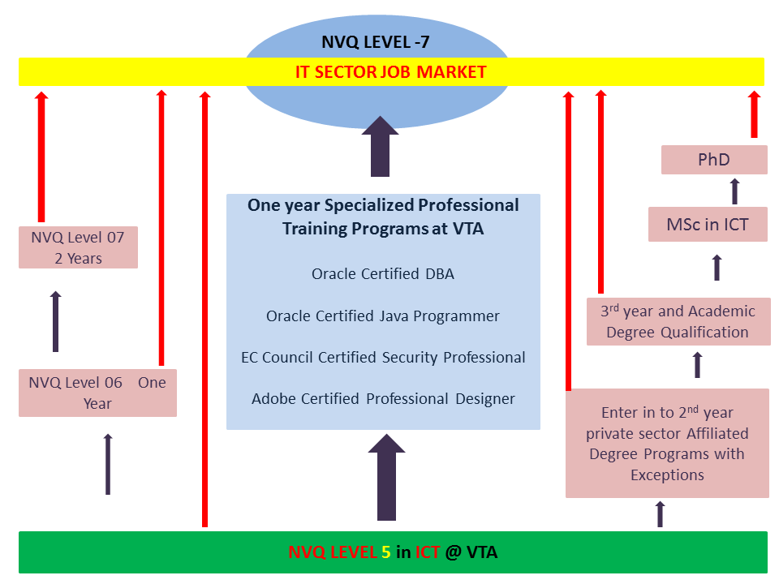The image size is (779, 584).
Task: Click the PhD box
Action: (714, 159)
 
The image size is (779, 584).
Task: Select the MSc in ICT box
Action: (708, 224)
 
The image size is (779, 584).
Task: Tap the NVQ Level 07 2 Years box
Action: (78, 247)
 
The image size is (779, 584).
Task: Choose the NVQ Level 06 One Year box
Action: (97, 393)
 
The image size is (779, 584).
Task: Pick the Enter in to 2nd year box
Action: (667, 443)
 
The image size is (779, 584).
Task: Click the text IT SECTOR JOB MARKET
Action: (390, 72)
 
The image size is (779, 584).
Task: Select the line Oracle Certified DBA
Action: (383, 273)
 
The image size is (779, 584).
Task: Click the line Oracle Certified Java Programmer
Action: (383, 316)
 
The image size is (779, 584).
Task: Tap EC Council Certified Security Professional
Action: (383, 357)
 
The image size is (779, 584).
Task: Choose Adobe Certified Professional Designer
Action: (383, 398)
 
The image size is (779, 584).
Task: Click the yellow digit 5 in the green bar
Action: (385, 552)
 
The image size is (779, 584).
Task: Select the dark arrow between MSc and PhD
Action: (734, 191)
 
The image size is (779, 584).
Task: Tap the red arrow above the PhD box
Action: (754, 115)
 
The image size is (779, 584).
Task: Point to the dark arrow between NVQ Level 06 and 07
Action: (55, 321)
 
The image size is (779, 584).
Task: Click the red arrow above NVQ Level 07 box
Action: (41, 156)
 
